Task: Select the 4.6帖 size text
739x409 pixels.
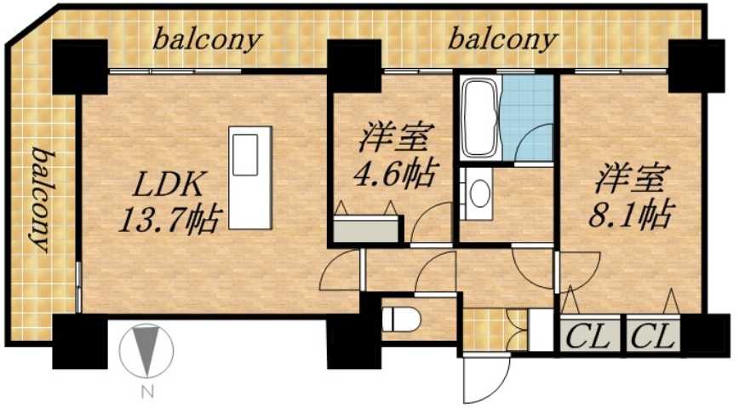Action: pyautogui.click(x=394, y=173)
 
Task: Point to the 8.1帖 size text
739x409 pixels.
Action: pyautogui.click(x=631, y=211)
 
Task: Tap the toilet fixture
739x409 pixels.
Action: pyautogui.click(x=399, y=320)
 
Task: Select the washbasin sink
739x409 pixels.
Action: pyautogui.click(x=479, y=194)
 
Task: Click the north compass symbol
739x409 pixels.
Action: pyautogui.click(x=147, y=352)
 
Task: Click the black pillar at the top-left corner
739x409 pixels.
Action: pyautogui.click(x=79, y=66)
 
